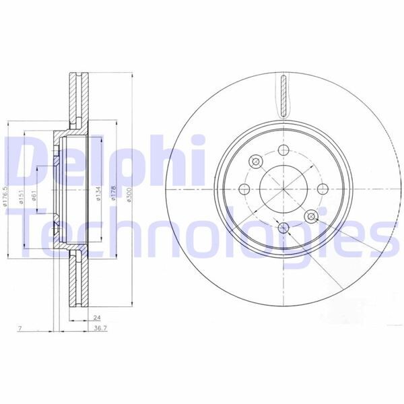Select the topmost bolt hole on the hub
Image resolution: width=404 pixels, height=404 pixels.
tap(283, 151)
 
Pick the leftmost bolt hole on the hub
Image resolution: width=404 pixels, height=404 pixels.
tap(246, 188)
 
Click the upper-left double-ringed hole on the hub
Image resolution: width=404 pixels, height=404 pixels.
tap(257, 162)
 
